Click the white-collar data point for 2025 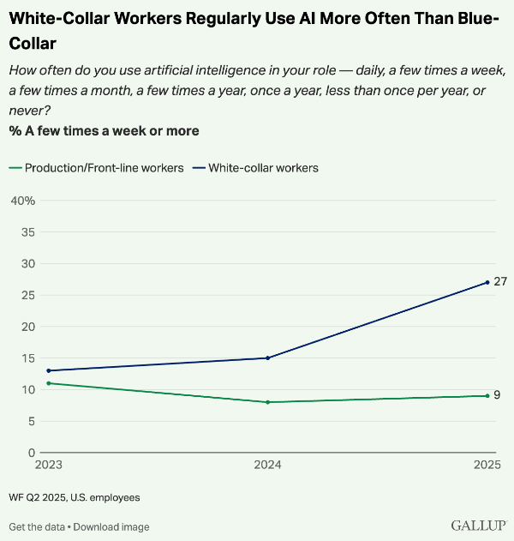coord(487,282)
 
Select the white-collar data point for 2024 coord(268,358)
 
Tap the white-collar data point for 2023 coord(49,370)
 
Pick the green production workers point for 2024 coord(268,402)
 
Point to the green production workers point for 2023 coord(49,383)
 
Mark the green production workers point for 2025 coord(487,395)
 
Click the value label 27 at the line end coord(500,282)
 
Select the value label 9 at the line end coord(498,395)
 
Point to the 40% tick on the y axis coord(21,201)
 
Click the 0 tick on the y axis coord(30,453)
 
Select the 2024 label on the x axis coord(268,466)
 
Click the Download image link coord(111,526)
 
